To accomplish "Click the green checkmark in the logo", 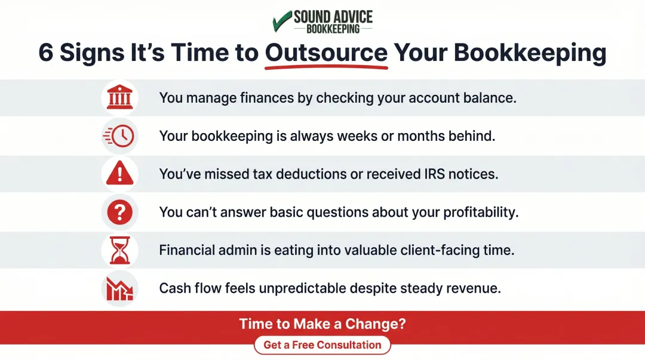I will (x=281, y=21).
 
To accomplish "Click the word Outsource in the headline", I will (x=326, y=53).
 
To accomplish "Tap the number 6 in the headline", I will (x=46, y=53).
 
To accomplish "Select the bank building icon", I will (x=119, y=97).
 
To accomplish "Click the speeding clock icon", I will (x=119, y=136).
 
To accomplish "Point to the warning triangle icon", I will (x=119, y=174).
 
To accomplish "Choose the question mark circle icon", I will (x=119, y=212).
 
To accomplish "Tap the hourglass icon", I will (x=119, y=250).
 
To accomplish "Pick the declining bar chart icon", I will (x=119, y=288).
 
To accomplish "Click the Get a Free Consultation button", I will (x=322, y=345).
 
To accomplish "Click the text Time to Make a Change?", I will (x=322, y=324).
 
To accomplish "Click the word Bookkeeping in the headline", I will (x=530, y=53).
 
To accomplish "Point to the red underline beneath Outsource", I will (x=326, y=67).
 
